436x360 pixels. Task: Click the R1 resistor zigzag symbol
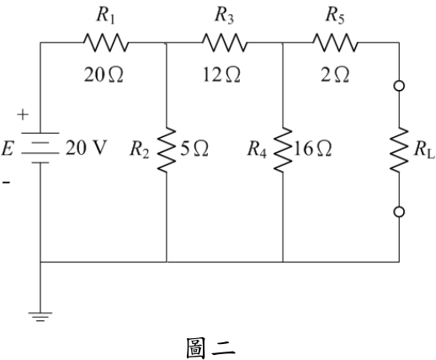(106, 43)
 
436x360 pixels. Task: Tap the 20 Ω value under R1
(104, 75)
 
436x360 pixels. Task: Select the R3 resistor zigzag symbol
(225, 43)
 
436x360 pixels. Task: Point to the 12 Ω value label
(221, 75)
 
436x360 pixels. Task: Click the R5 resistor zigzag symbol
(335, 43)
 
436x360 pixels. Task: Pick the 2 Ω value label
(335, 75)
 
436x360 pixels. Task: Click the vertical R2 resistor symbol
(167, 150)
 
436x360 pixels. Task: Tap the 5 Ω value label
(194, 149)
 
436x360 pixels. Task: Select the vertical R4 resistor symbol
(283, 150)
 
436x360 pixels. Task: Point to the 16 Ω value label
(313, 149)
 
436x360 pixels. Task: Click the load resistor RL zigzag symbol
(399, 150)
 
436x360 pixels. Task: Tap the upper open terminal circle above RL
(399, 86)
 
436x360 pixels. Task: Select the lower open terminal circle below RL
(399, 212)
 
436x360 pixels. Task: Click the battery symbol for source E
(40, 148)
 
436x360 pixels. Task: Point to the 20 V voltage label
(86, 148)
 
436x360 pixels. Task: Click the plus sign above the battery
(23, 114)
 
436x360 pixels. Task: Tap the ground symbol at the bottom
(40, 316)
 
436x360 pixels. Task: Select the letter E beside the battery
(8, 149)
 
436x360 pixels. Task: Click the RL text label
(424, 150)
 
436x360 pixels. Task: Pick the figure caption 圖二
(210, 348)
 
